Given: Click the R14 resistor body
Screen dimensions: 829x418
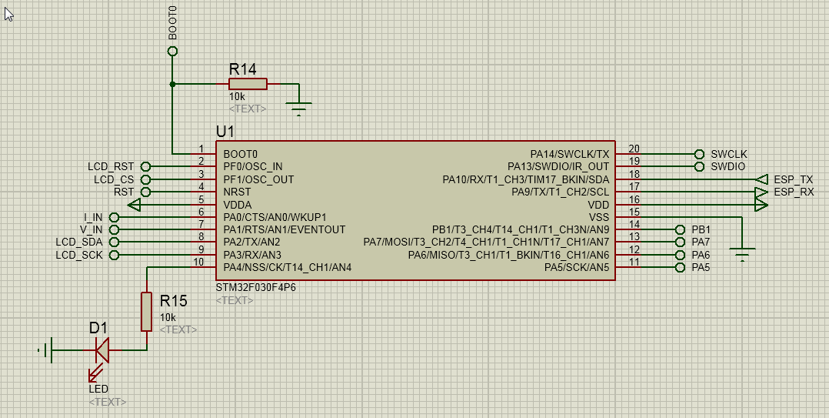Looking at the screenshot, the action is tap(248, 84).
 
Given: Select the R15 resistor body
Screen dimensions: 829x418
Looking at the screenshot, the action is tap(146, 312).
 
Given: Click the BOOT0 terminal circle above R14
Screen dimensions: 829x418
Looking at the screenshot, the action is tap(172, 52).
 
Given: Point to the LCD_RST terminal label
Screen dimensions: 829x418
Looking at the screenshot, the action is tap(111, 167).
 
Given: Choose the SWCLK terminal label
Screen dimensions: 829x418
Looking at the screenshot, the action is tap(729, 154).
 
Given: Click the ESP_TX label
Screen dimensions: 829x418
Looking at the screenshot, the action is tap(793, 179).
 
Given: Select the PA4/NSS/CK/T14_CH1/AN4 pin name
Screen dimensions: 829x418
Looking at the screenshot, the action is tap(287, 268).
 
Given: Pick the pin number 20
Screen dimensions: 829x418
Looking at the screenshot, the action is tap(634, 149).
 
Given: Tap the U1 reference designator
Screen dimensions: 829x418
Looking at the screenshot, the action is tap(225, 131).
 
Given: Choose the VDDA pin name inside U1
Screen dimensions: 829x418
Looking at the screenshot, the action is tap(238, 205).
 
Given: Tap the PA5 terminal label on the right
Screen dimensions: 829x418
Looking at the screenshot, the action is tap(701, 268).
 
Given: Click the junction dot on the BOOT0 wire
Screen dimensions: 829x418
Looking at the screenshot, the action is tap(172, 84).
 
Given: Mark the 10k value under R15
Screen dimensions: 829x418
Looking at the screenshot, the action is tap(168, 317).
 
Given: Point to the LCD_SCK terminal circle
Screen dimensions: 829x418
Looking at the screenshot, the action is tap(114, 256).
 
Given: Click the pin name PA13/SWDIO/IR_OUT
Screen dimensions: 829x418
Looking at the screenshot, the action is tap(558, 167).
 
